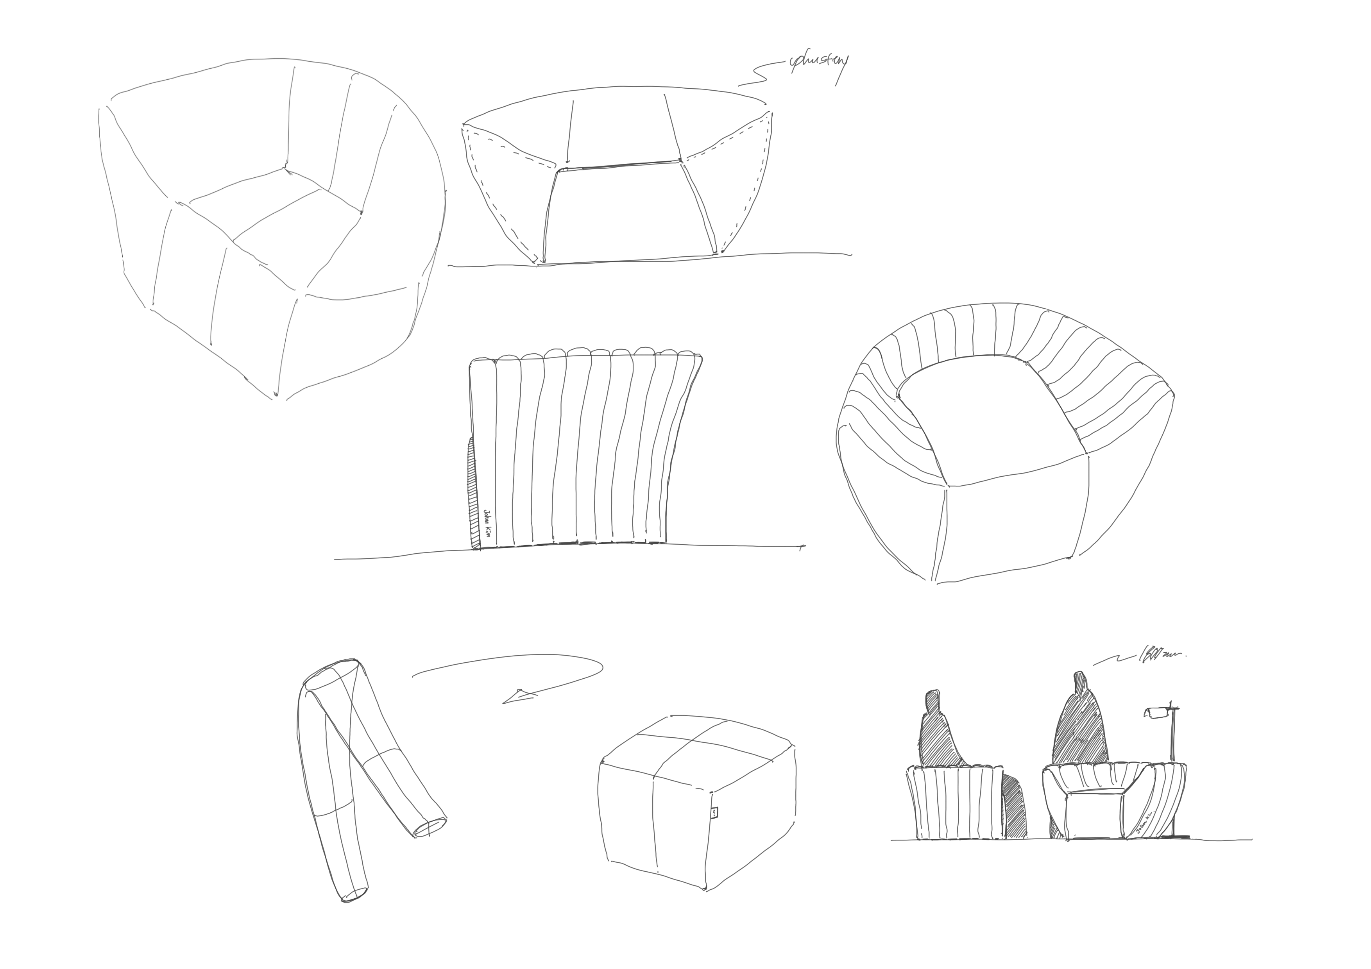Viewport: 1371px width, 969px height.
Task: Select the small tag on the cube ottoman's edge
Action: (x=715, y=813)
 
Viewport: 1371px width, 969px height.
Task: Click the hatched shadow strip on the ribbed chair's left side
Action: (x=474, y=495)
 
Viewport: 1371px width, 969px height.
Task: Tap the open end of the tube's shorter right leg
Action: (x=430, y=828)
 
